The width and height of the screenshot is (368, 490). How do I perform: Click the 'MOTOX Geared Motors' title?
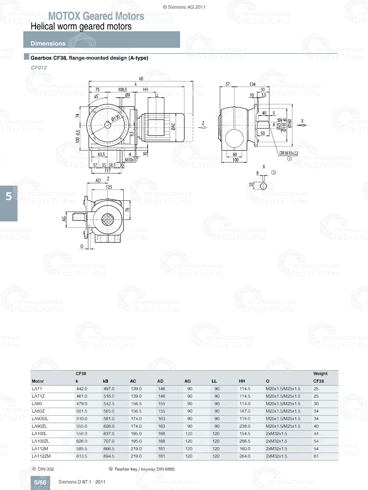click(96, 16)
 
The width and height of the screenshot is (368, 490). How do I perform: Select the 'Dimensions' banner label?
click(48, 43)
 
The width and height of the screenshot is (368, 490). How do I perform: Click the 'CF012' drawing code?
click(39, 68)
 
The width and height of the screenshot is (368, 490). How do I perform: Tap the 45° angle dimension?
click(96, 97)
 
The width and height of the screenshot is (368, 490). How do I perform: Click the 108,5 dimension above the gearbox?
click(123, 90)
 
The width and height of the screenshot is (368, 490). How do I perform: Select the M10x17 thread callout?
click(131, 160)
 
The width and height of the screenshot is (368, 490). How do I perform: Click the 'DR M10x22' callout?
click(289, 153)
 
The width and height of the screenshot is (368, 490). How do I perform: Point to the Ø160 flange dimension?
click(290, 123)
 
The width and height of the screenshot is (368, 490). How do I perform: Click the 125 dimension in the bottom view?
click(109, 187)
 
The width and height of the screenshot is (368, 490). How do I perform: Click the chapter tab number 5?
click(9, 197)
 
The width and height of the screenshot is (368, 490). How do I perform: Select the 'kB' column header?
click(106, 381)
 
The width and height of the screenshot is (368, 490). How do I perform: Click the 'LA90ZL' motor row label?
click(39, 426)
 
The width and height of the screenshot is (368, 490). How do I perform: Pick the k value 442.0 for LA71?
click(82, 389)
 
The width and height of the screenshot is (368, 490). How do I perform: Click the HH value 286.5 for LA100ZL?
click(245, 441)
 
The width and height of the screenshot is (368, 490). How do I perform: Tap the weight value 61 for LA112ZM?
click(316, 456)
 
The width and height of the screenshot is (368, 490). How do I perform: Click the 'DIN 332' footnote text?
click(46, 469)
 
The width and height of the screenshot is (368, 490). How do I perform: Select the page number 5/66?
click(40, 482)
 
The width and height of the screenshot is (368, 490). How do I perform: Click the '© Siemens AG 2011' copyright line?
click(184, 7)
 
